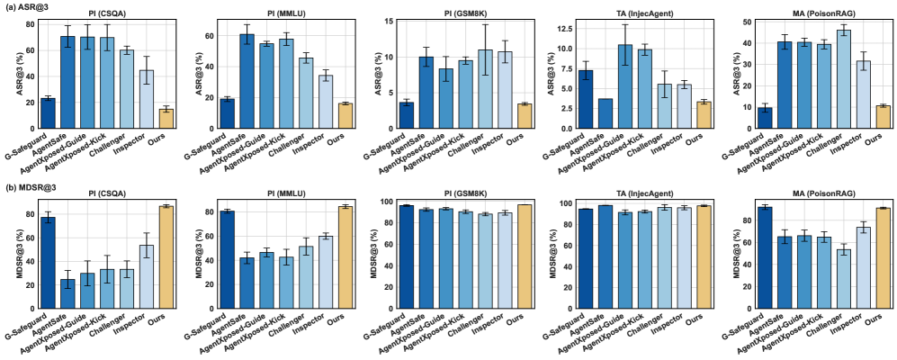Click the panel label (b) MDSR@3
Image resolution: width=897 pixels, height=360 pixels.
(29, 187)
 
